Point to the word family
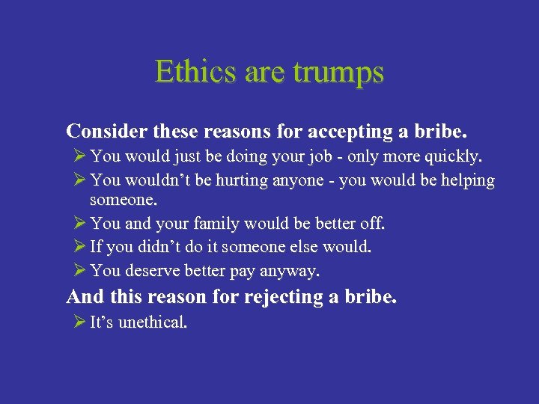pos(225,224)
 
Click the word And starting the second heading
pos(85,297)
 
